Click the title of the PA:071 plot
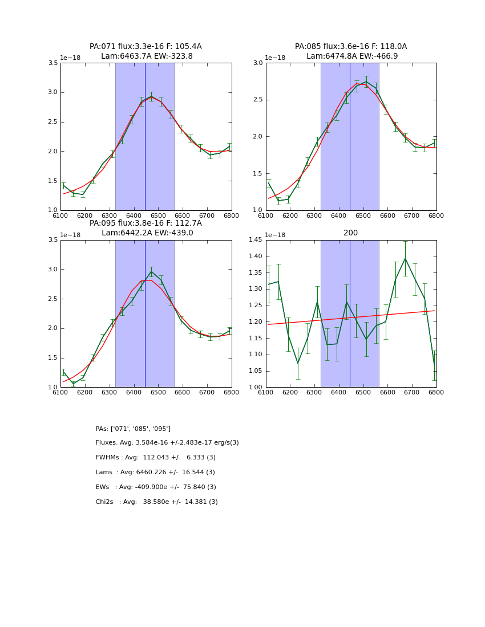[145, 51]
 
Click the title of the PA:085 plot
[351, 51]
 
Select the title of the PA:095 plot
[145, 228]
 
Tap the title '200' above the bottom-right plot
[351, 233]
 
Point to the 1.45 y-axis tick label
[256, 240]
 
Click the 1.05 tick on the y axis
[256, 371]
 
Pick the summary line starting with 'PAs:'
[133, 429]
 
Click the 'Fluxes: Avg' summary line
[167, 443]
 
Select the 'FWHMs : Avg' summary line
[155, 458]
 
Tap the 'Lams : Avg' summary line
[155, 473]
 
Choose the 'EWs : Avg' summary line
[156, 487]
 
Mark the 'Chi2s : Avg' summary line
[156, 502]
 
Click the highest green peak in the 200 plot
[405, 258]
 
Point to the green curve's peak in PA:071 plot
[151, 96]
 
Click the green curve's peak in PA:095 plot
[151, 271]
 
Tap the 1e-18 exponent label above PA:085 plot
[275, 58]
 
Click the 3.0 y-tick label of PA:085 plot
[258, 63]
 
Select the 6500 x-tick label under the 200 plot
[363, 392]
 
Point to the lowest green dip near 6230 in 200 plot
[298, 363]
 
